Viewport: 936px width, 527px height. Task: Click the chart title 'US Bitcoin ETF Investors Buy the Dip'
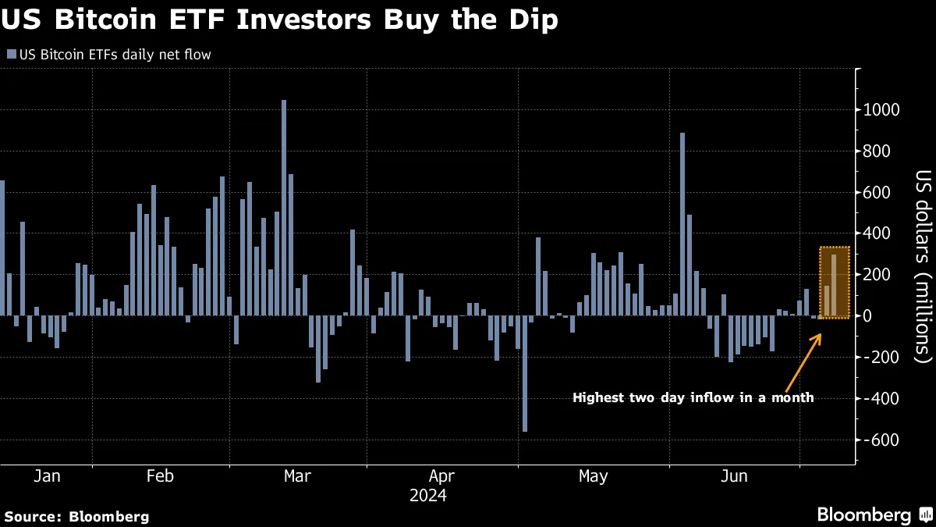point(280,20)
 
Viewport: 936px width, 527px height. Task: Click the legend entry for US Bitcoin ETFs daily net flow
point(109,55)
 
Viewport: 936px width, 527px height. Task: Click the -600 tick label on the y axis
point(878,440)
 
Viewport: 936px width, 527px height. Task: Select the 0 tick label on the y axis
point(867,316)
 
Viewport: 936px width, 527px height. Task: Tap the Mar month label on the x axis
point(297,476)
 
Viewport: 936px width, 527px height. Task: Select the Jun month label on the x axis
point(735,476)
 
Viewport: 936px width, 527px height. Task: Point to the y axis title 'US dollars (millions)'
point(924,266)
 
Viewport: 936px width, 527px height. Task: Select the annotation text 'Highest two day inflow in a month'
point(693,398)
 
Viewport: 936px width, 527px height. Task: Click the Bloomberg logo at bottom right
point(873,515)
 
